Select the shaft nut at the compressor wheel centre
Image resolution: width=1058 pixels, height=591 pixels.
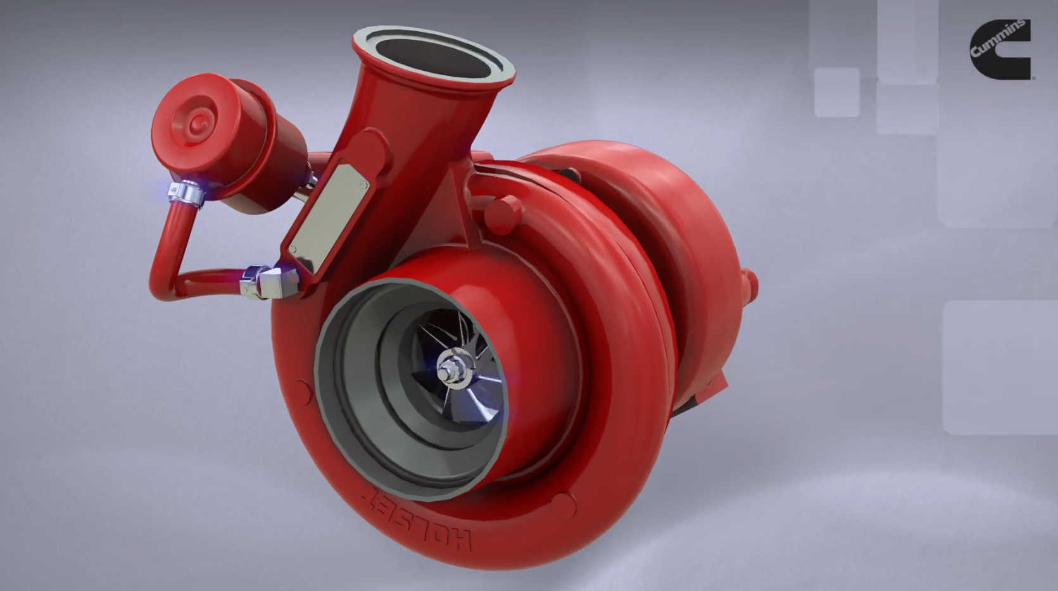point(450,369)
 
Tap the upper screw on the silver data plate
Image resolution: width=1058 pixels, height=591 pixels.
point(363,185)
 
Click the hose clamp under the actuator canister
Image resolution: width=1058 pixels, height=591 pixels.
point(187,193)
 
